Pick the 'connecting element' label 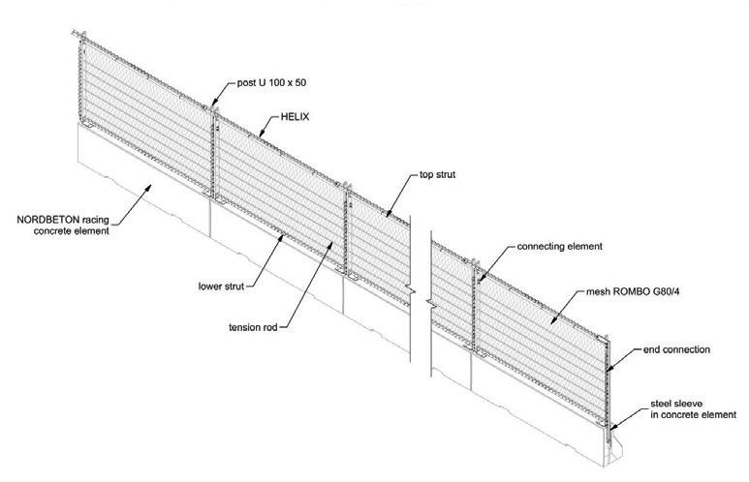tap(560, 247)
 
